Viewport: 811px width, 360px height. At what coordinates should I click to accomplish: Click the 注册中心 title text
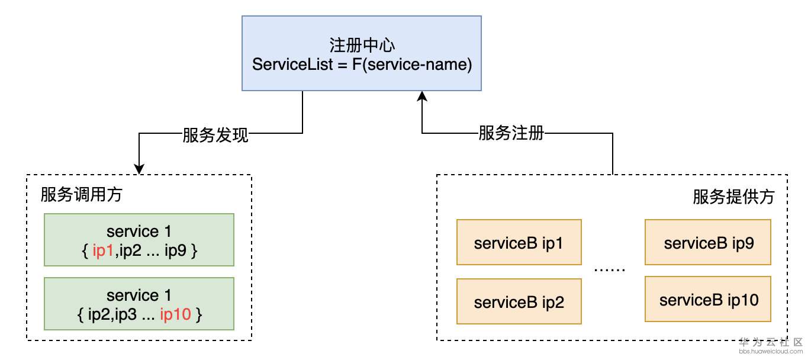[x=362, y=46]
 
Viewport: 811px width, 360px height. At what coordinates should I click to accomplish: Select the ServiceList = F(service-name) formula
[x=362, y=65]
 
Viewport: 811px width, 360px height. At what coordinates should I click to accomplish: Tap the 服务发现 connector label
[x=215, y=134]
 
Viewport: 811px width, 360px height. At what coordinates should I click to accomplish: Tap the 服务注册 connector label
[x=511, y=134]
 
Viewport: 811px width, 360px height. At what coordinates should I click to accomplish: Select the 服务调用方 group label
[x=81, y=195]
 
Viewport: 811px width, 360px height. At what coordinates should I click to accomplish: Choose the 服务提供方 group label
[x=733, y=197]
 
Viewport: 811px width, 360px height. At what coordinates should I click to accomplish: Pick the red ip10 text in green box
[x=176, y=314]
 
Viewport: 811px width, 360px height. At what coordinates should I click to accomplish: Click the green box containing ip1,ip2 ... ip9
[x=139, y=240]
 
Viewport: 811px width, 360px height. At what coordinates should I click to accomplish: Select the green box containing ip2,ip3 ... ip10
[x=139, y=304]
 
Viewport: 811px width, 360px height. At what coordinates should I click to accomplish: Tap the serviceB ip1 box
[x=519, y=243]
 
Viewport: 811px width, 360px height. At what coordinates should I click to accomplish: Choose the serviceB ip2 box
[x=519, y=302]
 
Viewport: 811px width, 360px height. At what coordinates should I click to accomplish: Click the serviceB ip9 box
[x=708, y=242]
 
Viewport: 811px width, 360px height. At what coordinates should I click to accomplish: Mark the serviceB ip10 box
[x=708, y=299]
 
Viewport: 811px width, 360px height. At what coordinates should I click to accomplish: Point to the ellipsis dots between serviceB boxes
[x=610, y=269]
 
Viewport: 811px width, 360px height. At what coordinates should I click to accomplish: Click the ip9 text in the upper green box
[x=176, y=250]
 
